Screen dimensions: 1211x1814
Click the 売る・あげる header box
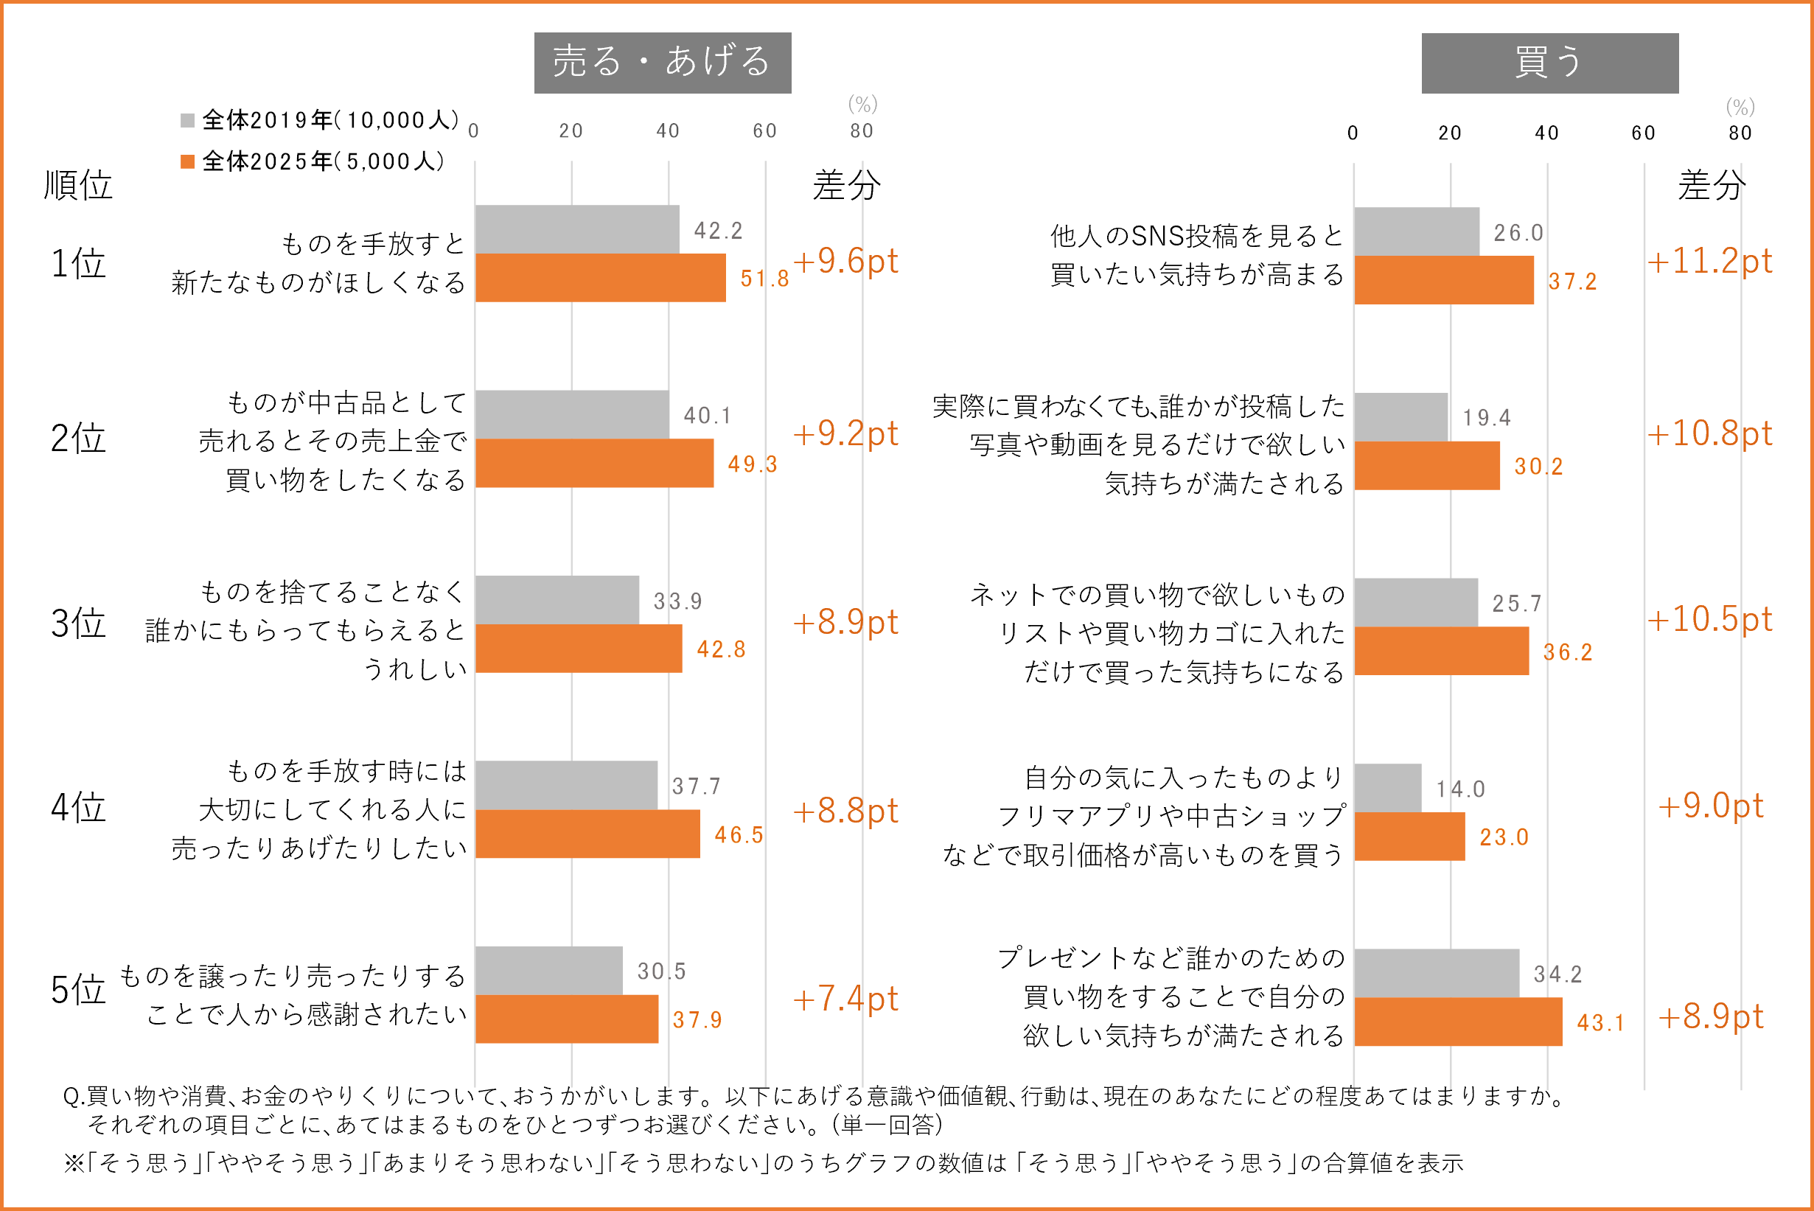coord(662,63)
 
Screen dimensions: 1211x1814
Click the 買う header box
coord(1549,63)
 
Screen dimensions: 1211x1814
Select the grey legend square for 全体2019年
coord(187,120)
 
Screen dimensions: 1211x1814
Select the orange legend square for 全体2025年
coord(187,161)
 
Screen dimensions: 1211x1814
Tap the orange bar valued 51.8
coord(600,278)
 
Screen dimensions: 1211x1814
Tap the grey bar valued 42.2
coord(577,229)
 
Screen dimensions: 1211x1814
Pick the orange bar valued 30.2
coord(1426,466)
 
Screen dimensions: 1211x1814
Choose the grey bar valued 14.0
coord(1387,788)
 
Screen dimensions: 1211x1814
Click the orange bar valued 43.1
coord(1457,1022)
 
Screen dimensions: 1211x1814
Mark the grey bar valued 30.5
coord(548,971)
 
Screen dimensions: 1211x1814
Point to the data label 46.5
coord(739,835)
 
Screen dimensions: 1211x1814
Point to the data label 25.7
coord(1516,603)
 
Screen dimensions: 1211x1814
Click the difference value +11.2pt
coord(1709,261)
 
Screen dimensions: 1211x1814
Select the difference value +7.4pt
coord(845,999)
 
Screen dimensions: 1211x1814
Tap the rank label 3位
coord(78,624)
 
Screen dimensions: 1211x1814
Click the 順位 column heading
coord(78,185)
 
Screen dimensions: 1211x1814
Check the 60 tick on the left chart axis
coord(764,131)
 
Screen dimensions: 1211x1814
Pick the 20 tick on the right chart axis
coord(1449,133)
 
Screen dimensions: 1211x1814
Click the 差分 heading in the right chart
coord(1712,185)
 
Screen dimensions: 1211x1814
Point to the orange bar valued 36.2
coord(1441,651)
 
